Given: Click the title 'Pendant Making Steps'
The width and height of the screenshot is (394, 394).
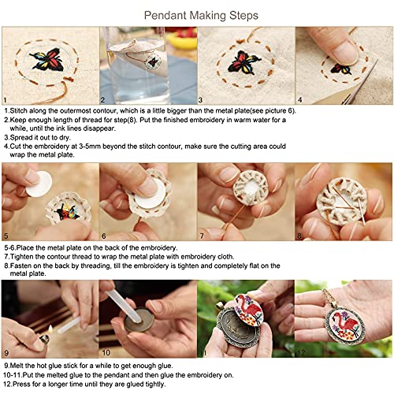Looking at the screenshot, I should coord(196,14).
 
